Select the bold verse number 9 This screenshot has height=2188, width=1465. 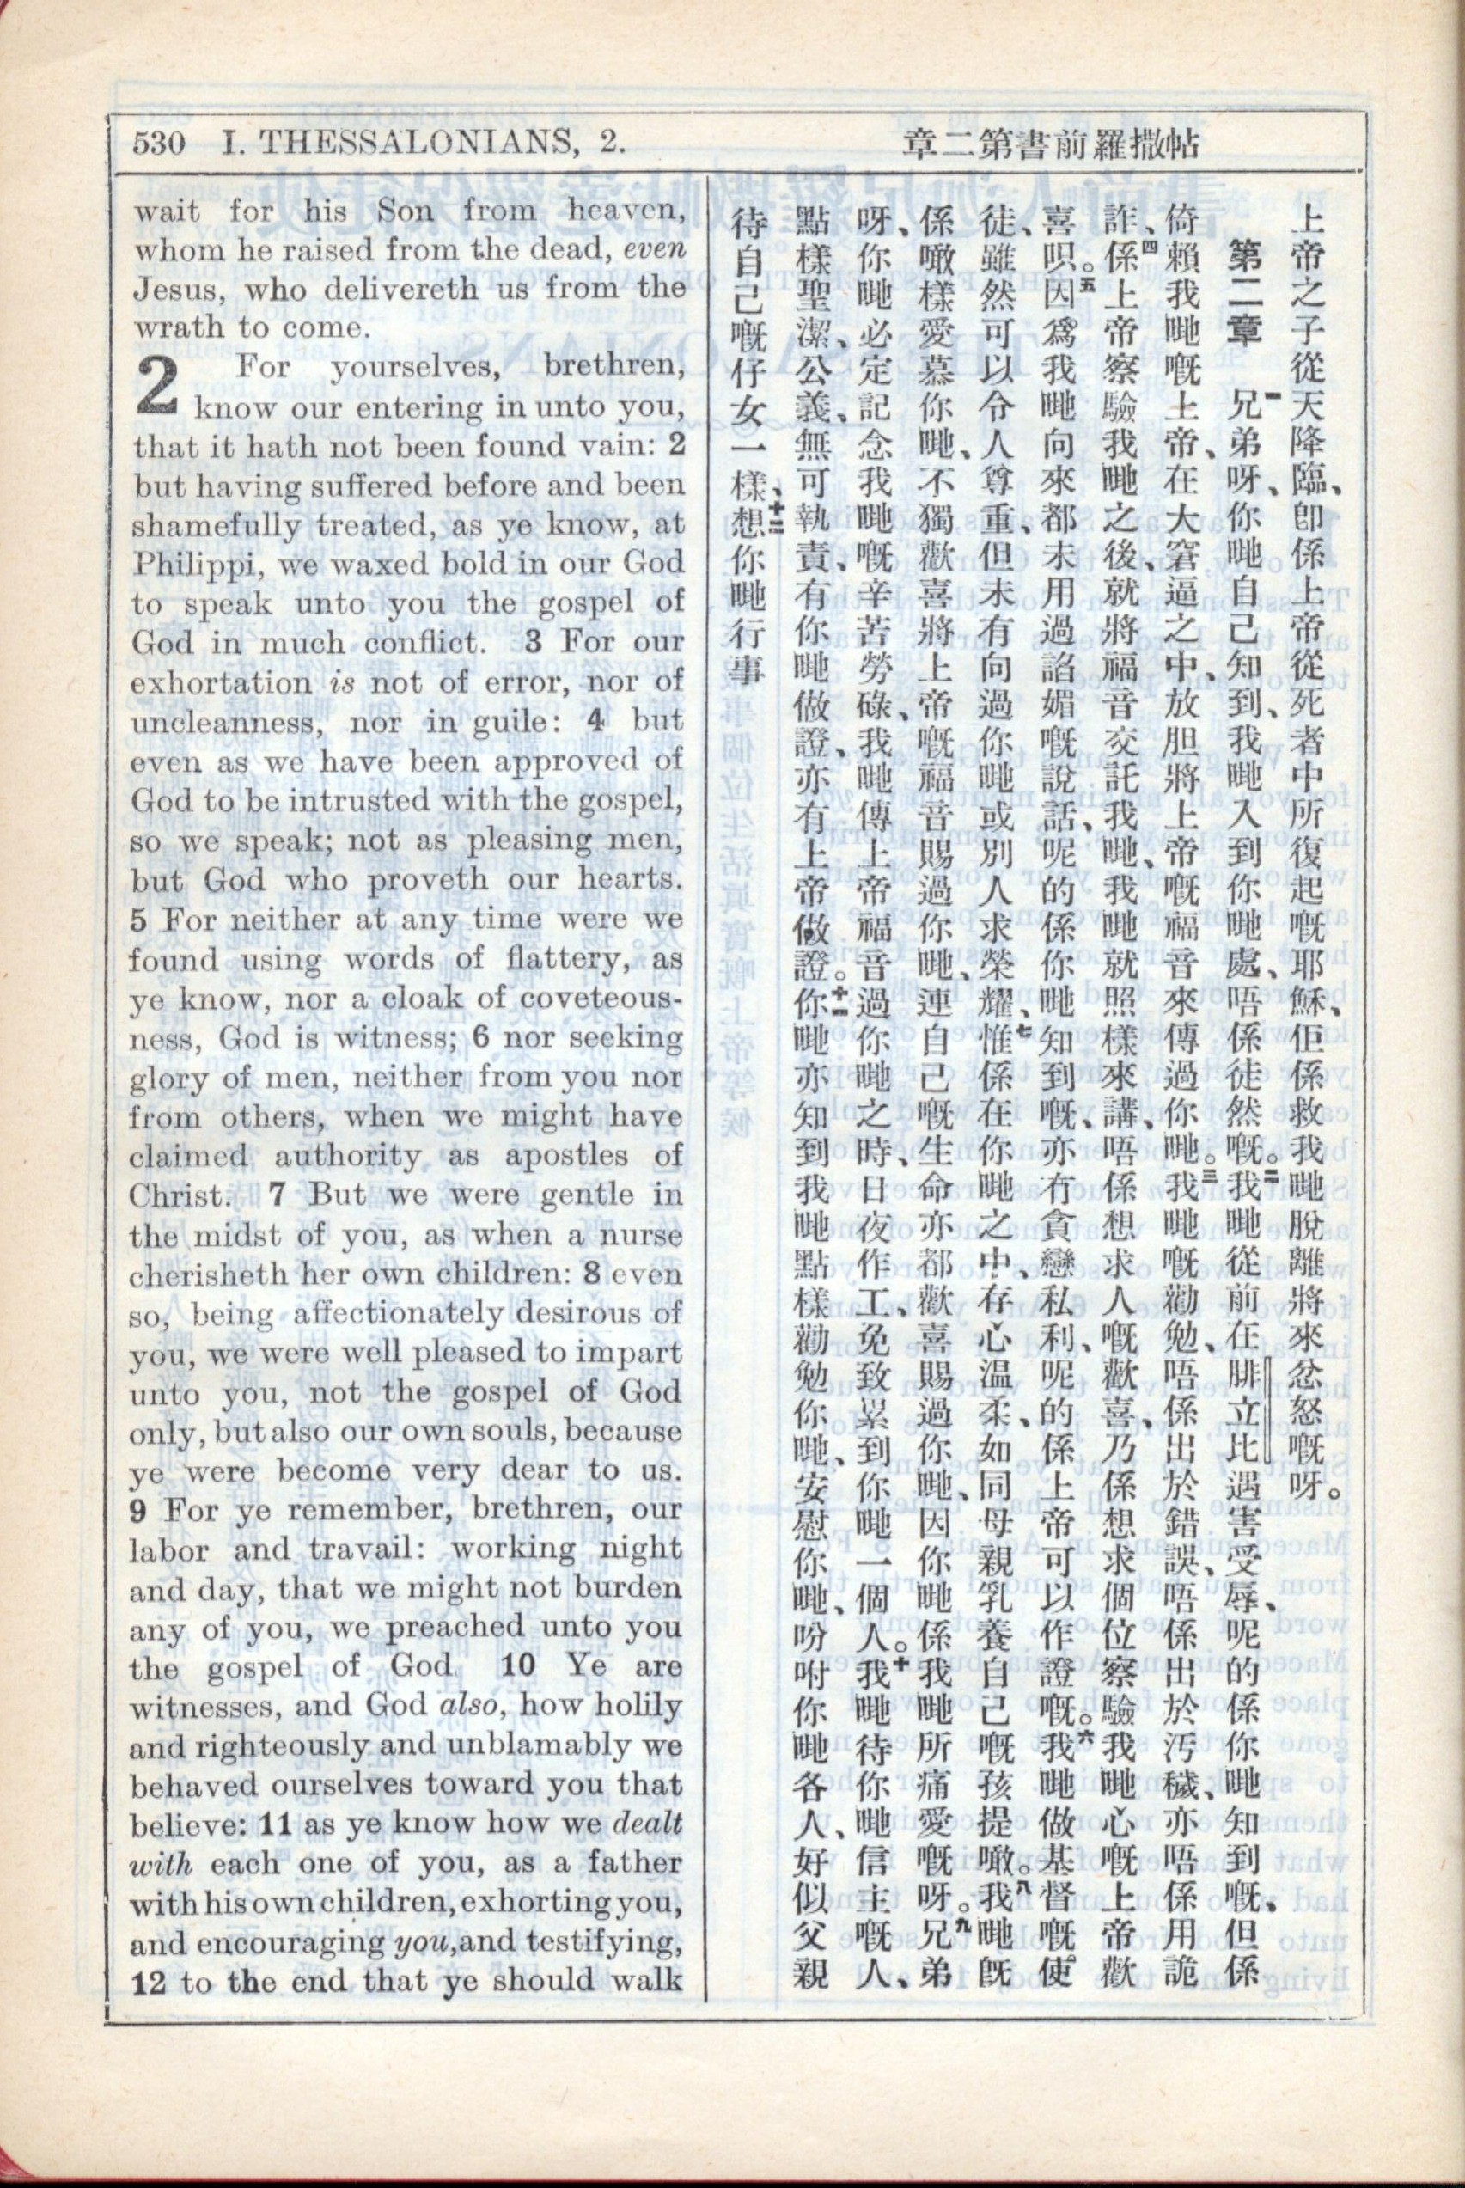click(x=140, y=1511)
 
